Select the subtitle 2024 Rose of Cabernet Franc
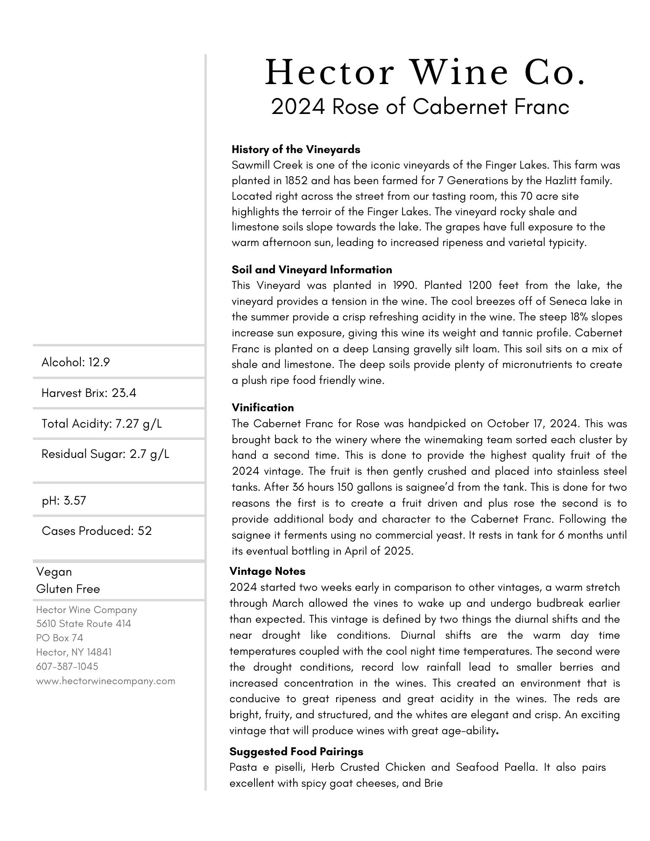coord(420,107)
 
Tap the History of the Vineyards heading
coord(296,149)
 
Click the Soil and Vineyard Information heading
coord(312,270)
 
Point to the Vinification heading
coord(263,407)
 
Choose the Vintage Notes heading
coord(267,571)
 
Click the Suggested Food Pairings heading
coord(296,751)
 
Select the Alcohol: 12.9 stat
coord(76,362)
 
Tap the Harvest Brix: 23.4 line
coord(89,393)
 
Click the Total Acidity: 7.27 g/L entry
coord(101,423)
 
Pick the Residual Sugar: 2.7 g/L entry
coord(105,454)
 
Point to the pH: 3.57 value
coord(64,500)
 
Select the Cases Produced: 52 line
coord(97,531)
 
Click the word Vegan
coord(54,572)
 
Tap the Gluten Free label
coord(68,589)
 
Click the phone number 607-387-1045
coord(67,666)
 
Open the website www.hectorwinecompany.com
coord(106,681)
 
